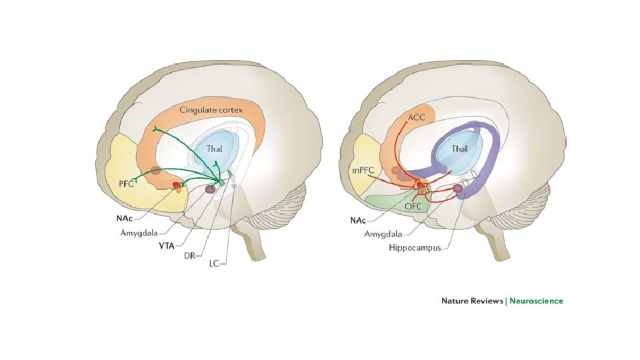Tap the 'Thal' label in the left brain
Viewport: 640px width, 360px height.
pos(215,151)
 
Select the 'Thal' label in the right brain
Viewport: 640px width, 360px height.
pos(459,149)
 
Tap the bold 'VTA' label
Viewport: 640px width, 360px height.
pos(167,245)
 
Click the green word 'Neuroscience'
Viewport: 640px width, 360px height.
pos(536,301)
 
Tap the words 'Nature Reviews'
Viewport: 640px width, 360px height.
pos(472,301)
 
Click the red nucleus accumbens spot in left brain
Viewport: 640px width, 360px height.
pos(177,185)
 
